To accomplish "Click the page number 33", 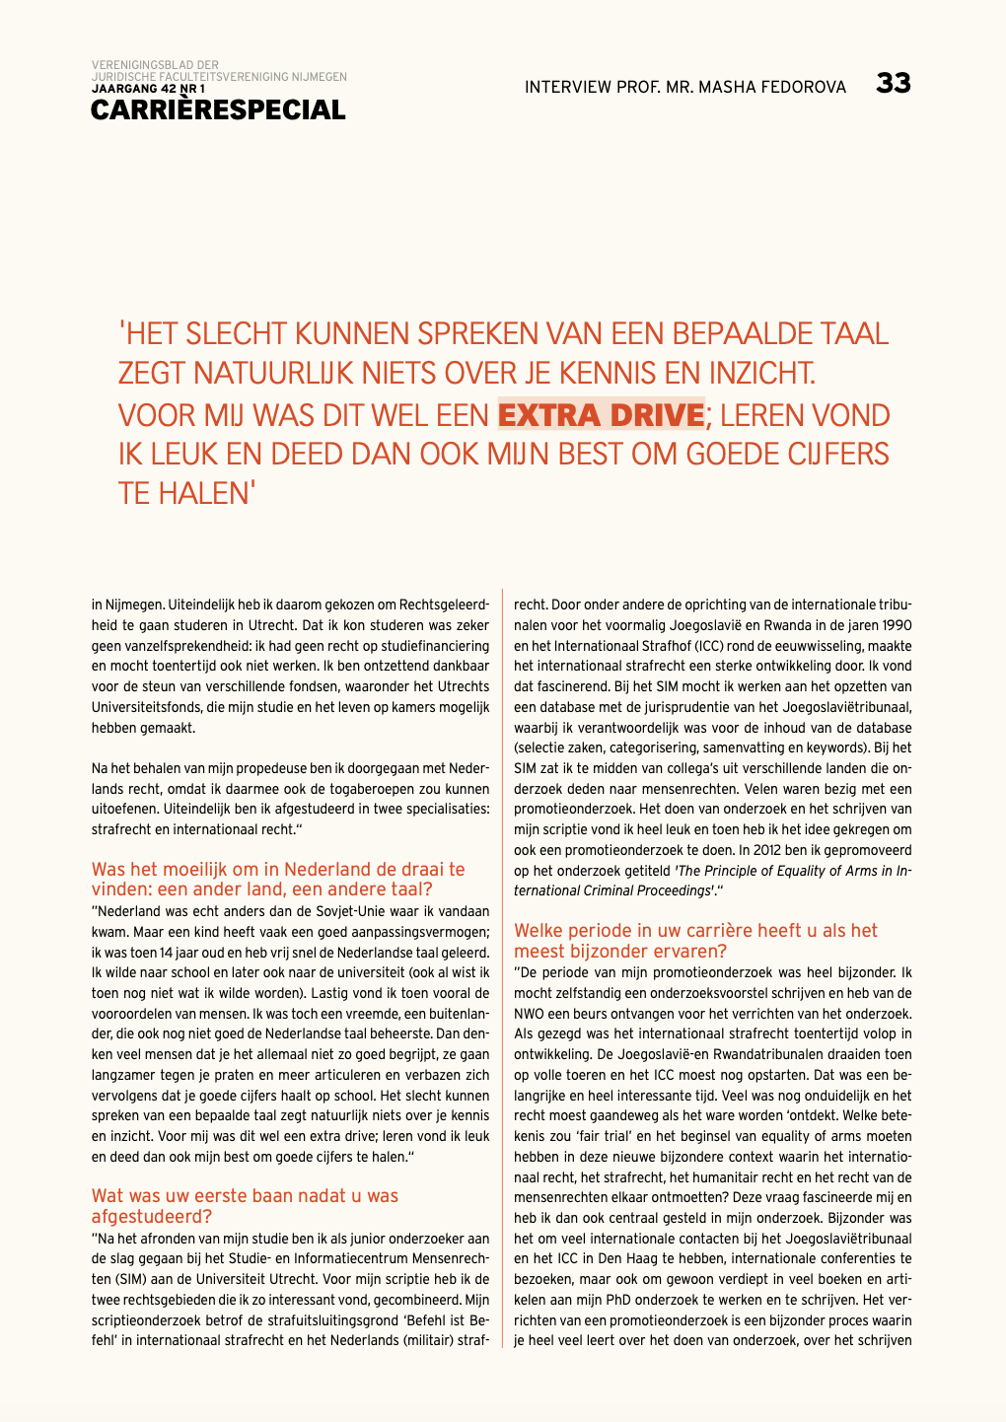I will (893, 84).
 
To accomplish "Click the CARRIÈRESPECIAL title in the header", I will (218, 110).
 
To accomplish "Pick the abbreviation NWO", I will (531, 1014).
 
